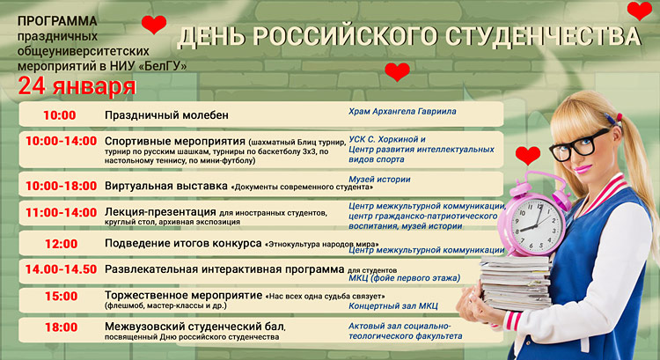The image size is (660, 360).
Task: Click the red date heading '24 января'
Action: pyautogui.click(x=77, y=86)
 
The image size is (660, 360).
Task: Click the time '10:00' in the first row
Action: pyautogui.click(x=60, y=115)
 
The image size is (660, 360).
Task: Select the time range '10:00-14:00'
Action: pyautogui.click(x=61, y=141)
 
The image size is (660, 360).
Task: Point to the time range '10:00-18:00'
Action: pyautogui.click(x=61, y=186)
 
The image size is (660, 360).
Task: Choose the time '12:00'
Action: pyautogui.click(x=61, y=244)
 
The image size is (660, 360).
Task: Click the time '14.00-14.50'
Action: pyautogui.click(x=61, y=269)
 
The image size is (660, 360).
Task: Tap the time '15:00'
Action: pyautogui.click(x=61, y=297)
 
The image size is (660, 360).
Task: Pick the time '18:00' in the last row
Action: pyautogui.click(x=61, y=327)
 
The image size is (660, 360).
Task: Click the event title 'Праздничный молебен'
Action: pyautogui.click(x=166, y=115)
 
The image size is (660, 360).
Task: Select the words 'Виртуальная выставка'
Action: pyautogui.click(x=165, y=187)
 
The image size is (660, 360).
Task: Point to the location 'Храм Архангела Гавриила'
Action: pyautogui.click(x=402, y=112)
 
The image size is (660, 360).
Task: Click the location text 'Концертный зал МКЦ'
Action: pyautogui.click(x=392, y=306)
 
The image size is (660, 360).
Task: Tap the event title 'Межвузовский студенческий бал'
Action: pyautogui.click(x=194, y=327)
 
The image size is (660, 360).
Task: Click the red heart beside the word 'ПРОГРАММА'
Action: pyautogui.click(x=153, y=25)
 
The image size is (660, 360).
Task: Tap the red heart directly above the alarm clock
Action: pyautogui.click(x=527, y=156)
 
